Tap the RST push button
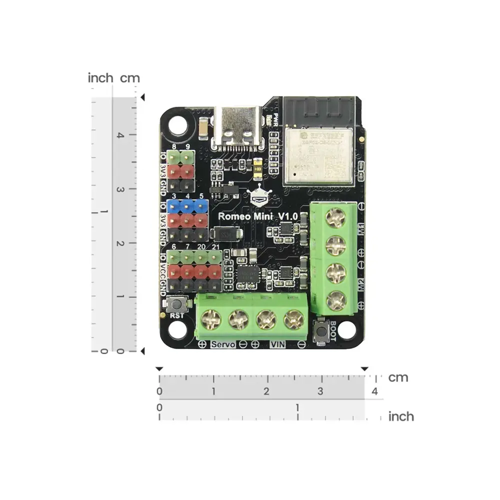point(176,303)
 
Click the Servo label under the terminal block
point(223,344)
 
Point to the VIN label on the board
point(277,344)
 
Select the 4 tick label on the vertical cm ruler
point(119,135)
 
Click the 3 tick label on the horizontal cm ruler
point(320,391)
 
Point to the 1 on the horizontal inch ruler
point(297,407)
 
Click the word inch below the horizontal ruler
point(401,416)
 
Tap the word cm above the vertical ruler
point(130,78)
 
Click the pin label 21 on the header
point(215,247)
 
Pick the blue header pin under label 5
point(201,206)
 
